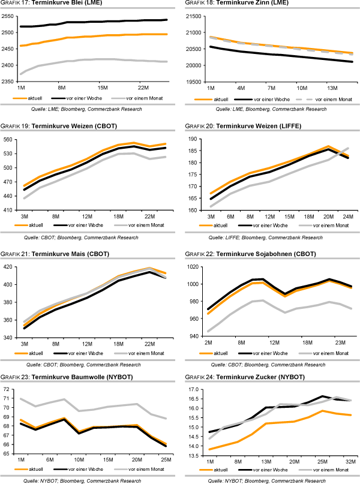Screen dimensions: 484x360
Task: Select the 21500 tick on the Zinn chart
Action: tap(193, 16)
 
